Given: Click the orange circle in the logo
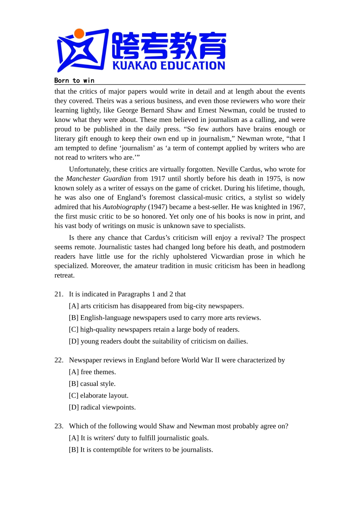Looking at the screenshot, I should coord(79,34).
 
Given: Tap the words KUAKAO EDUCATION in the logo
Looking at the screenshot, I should coord(169,66).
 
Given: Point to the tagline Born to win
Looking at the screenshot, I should coord(74,80).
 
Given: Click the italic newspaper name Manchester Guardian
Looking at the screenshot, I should coord(99,179).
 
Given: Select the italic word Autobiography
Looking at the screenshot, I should coord(124,207).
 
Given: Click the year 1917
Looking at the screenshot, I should coord(158,179).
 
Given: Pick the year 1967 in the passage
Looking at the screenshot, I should coord(296,207).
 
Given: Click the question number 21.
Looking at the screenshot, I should coord(59,294).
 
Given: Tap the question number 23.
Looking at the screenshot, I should coord(59,426).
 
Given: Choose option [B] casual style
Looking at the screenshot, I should coord(92,384).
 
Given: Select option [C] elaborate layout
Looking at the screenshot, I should coord(99,395).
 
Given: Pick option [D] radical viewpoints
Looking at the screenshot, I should coord(102,407).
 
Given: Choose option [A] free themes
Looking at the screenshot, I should coord(92,372).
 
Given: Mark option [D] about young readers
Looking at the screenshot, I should coord(158,341).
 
